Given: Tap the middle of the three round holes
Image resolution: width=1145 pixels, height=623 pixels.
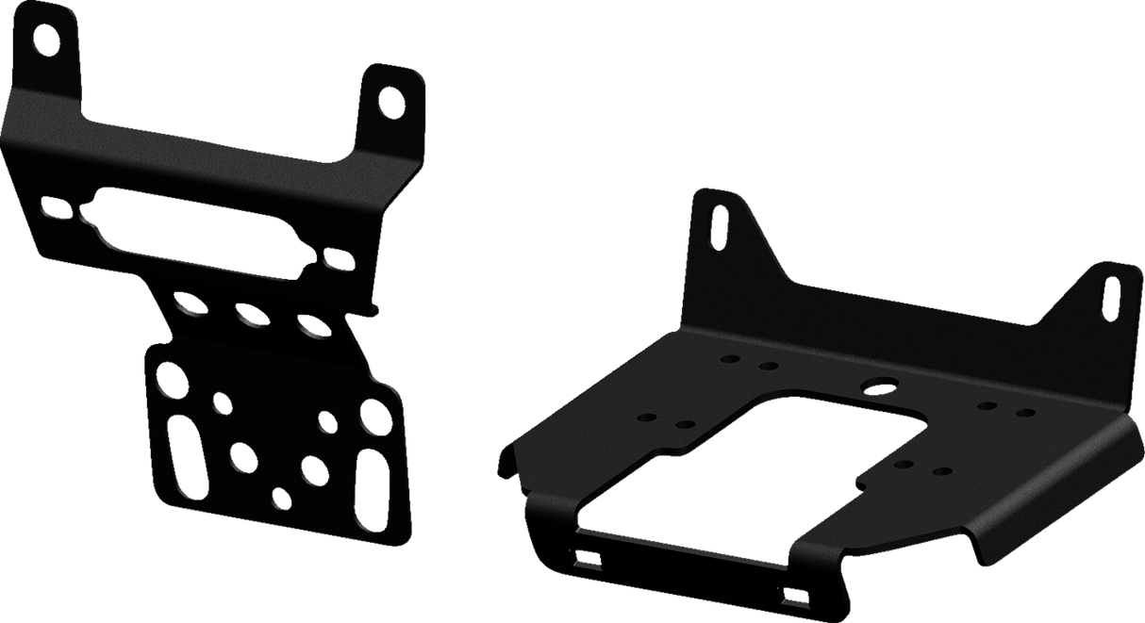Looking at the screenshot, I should pyautogui.click(x=250, y=315).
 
